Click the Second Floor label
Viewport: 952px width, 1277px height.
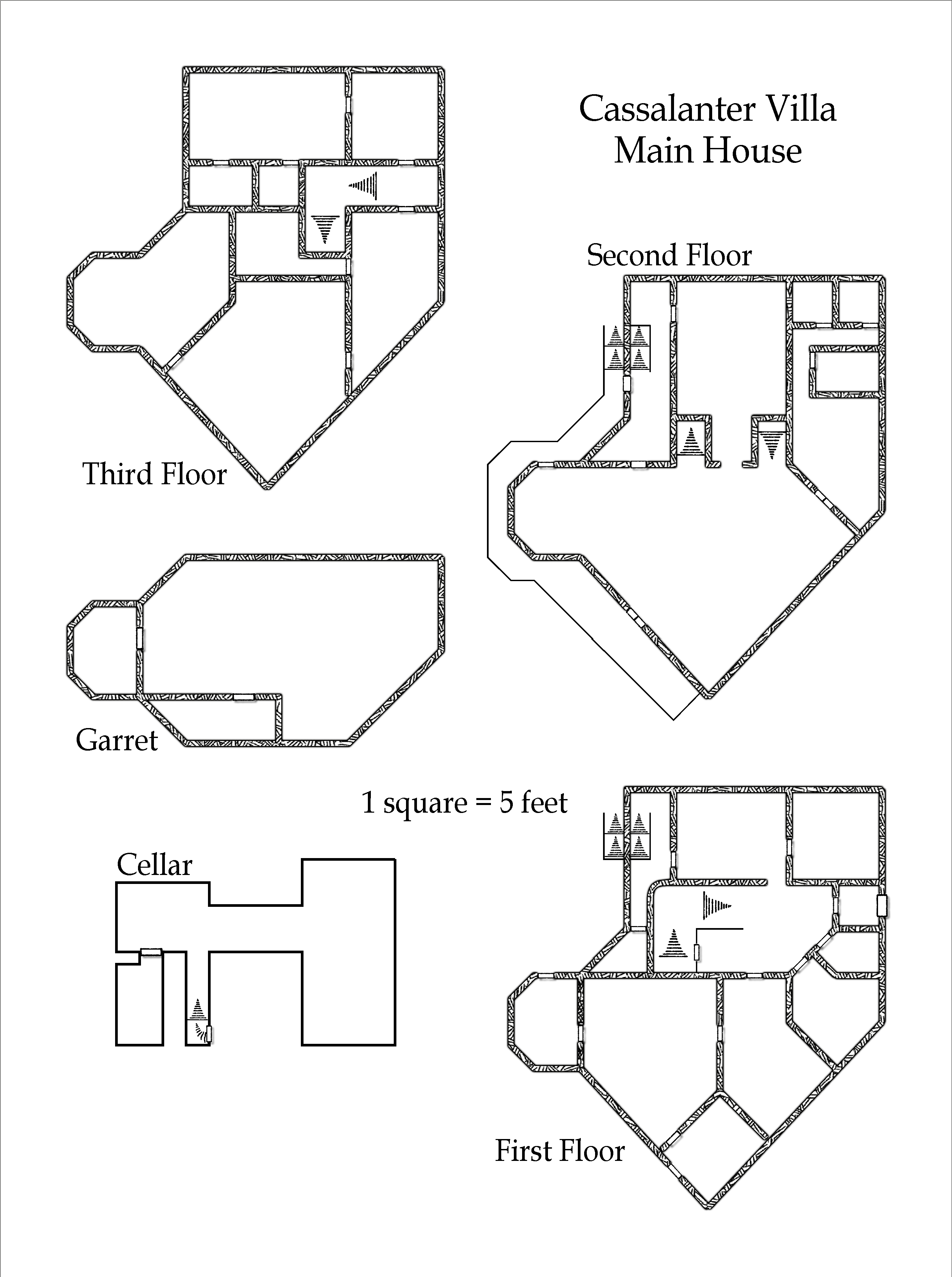coord(669,255)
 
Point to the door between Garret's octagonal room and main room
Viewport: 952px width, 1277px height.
coord(139,639)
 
